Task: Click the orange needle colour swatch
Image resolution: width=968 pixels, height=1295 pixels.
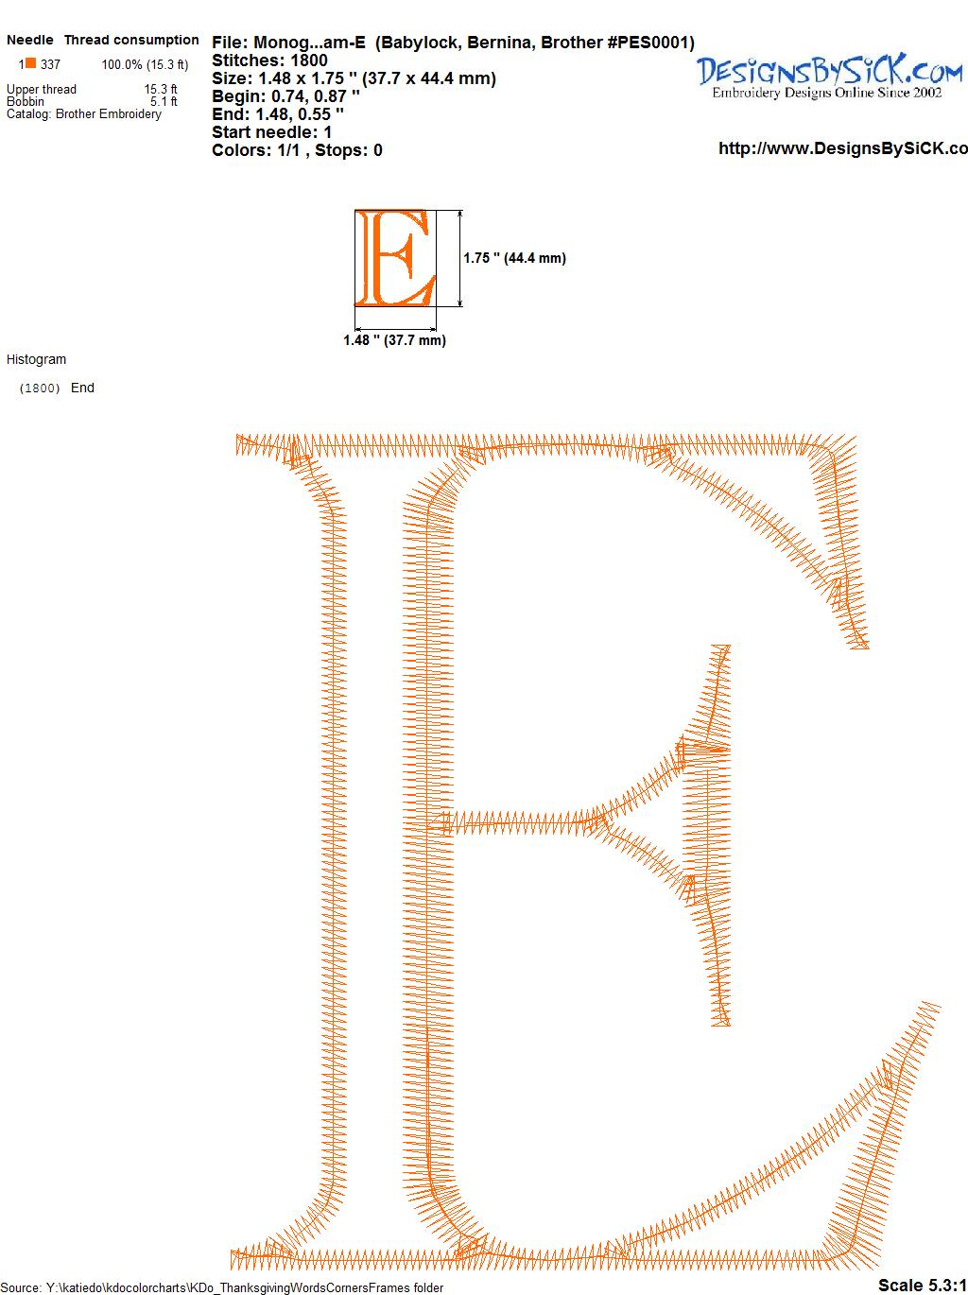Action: tap(30, 62)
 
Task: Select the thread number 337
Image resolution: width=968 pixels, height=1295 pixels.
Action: tap(50, 64)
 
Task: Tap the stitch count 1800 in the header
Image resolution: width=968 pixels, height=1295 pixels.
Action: tap(308, 60)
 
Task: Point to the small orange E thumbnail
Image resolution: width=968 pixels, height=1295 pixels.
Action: tap(395, 258)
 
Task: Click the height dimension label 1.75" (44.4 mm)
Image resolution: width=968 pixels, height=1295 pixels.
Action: tap(514, 258)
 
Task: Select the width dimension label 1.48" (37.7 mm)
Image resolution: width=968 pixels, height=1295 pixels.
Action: tap(394, 340)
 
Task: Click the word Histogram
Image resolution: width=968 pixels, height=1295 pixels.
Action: tap(36, 359)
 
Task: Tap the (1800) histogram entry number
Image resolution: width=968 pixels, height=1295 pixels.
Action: tap(40, 388)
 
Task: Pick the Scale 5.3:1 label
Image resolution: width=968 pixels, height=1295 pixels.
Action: tap(923, 1285)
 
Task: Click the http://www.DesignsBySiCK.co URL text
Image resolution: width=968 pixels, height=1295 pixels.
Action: tap(843, 148)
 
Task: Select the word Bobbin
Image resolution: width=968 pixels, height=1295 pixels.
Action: tap(26, 101)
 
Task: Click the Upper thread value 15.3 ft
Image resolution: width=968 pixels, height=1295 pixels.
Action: tap(161, 89)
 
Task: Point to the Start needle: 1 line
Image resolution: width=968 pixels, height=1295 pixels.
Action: tap(272, 132)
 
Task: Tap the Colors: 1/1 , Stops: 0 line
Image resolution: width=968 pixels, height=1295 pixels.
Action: tap(298, 150)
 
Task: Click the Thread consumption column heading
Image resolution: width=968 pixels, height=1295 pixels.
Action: tap(131, 40)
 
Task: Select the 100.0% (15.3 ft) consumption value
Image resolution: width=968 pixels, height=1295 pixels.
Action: tap(146, 64)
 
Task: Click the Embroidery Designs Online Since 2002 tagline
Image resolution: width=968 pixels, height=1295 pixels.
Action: tap(827, 93)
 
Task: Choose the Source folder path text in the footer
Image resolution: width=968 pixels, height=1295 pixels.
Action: tap(222, 1287)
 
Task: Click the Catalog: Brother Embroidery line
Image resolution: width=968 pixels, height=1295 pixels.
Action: tap(84, 113)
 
